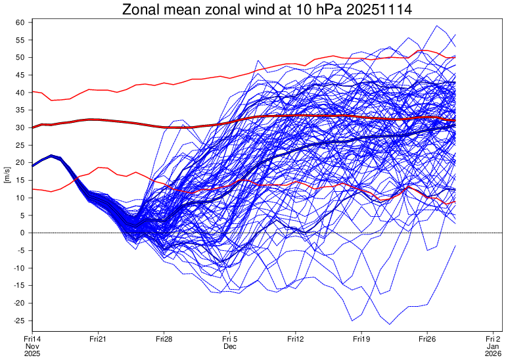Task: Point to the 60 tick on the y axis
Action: coord(20,22)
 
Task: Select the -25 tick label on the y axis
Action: coord(18,321)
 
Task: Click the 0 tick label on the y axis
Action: coord(22,233)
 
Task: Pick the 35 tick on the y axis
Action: coord(20,110)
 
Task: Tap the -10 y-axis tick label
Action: coord(18,268)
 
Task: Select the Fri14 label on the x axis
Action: coord(32,338)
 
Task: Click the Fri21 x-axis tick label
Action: coord(98,338)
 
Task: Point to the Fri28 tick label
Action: coord(164,338)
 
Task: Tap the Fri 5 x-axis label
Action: coord(229,338)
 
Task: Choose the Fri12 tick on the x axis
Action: coord(296,338)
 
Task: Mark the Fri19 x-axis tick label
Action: coord(361,338)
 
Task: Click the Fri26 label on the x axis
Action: coord(427,338)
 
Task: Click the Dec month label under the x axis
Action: coord(229,346)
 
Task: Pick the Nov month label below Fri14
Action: coord(32,346)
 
